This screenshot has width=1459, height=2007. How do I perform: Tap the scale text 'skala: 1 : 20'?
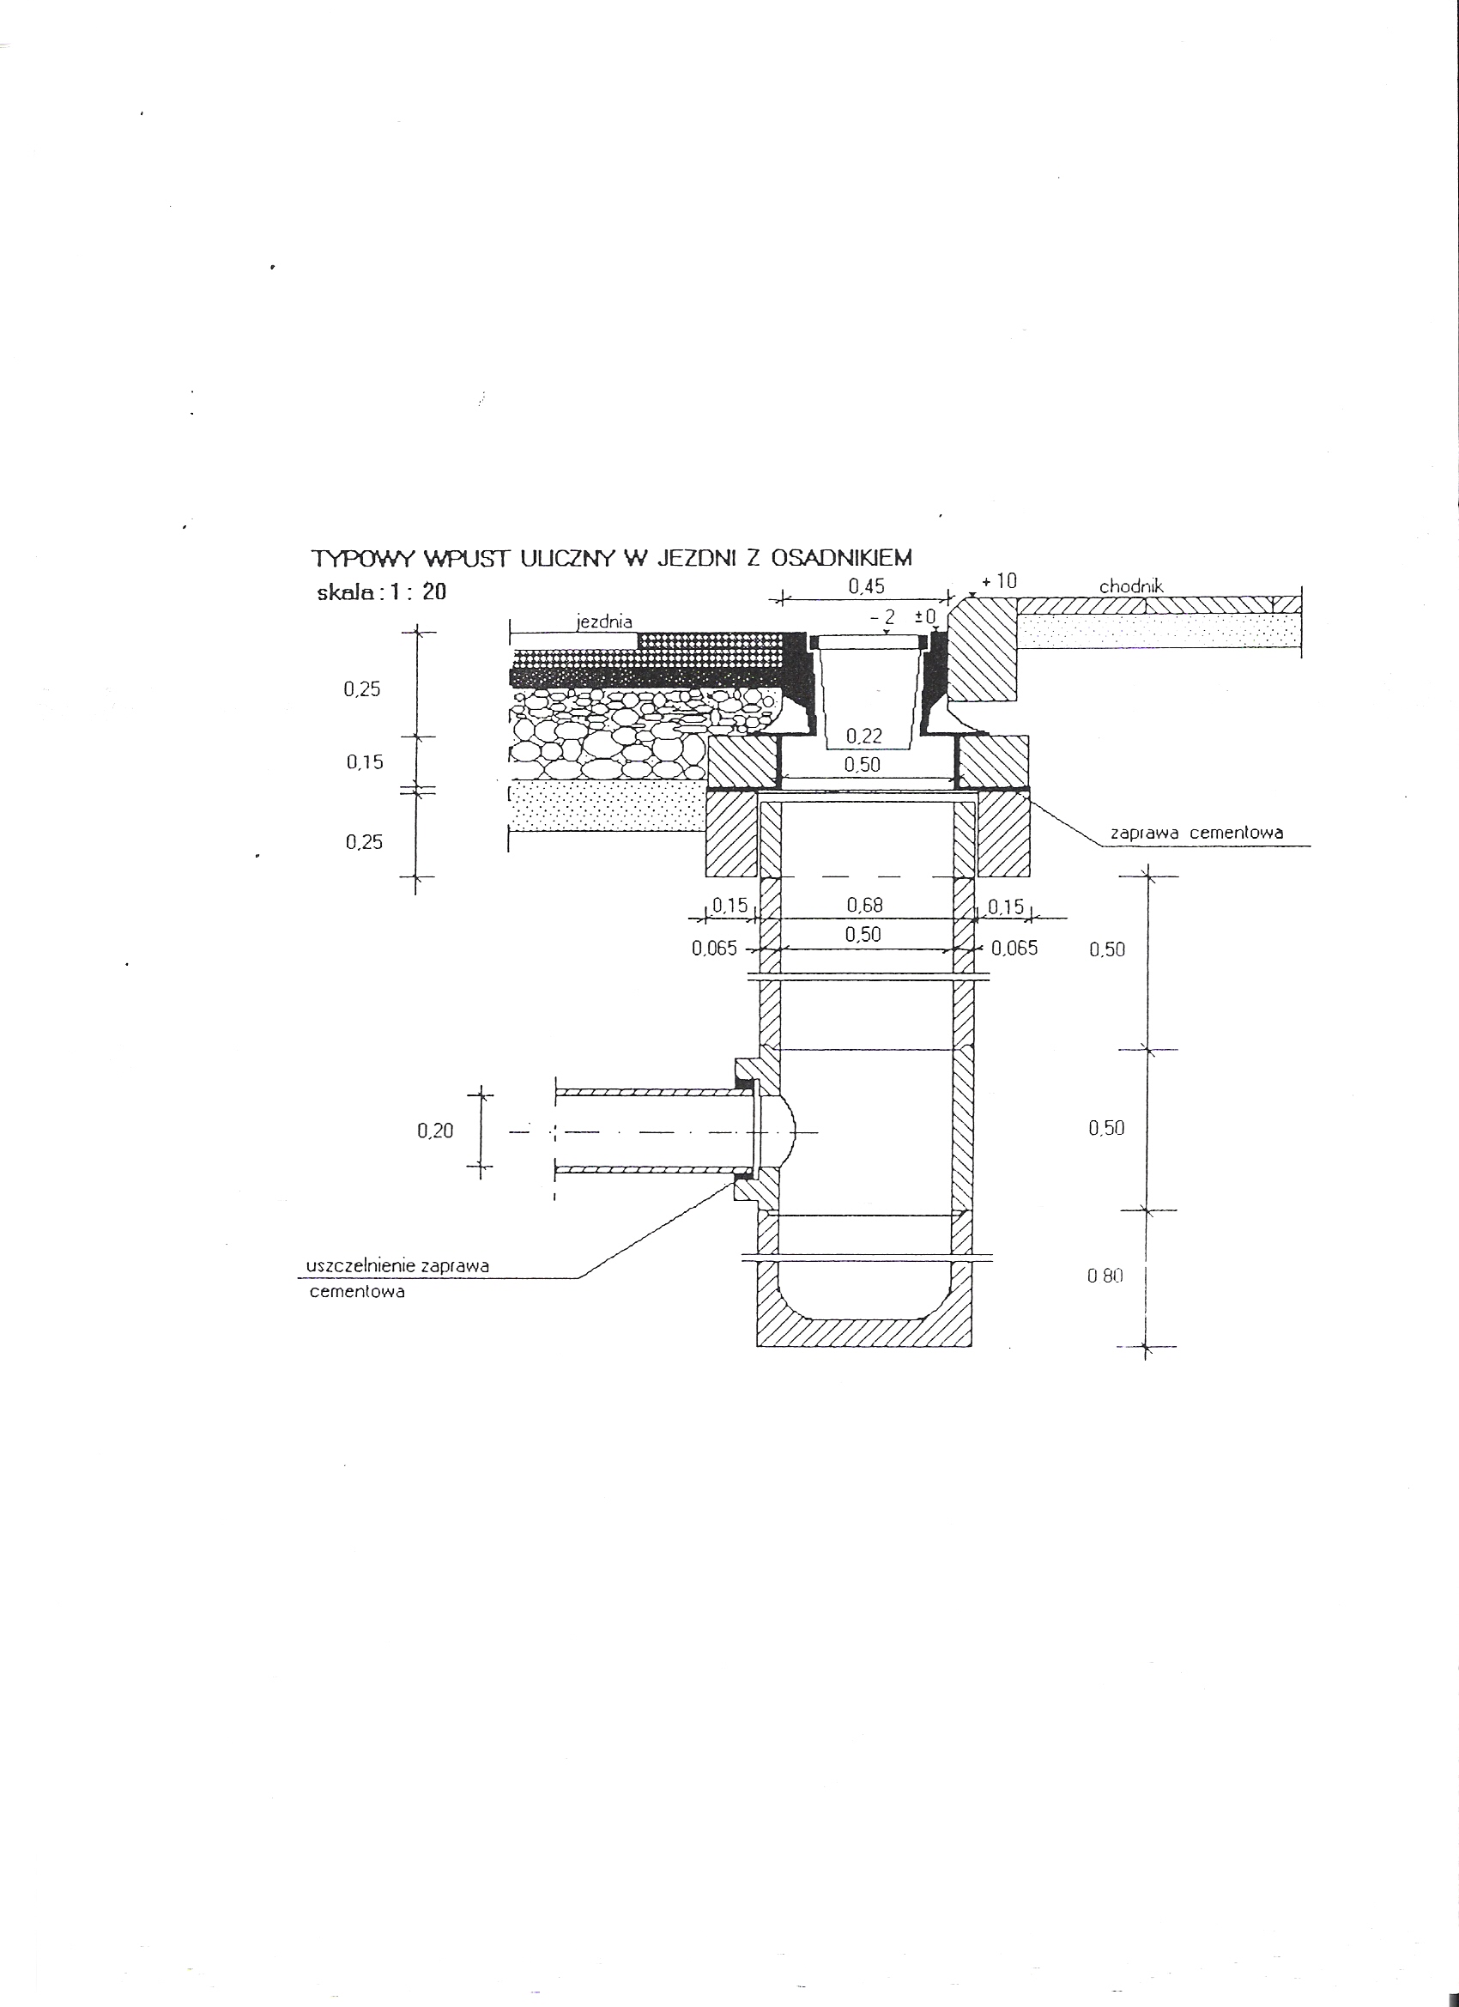(382, 593)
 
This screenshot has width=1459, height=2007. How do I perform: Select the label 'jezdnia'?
(603, 622)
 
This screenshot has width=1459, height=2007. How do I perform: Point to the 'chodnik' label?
(1131, 586)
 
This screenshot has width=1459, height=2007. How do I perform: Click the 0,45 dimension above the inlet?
(865, 585)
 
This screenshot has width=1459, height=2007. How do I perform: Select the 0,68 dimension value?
(864, 905)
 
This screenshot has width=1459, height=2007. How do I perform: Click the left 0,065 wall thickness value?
(714, 949)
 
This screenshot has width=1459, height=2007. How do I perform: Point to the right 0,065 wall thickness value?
(1014, 949)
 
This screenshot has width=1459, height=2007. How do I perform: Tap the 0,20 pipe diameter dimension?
(435, 1130)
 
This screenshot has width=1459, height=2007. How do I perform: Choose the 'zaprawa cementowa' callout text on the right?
(1196, 833)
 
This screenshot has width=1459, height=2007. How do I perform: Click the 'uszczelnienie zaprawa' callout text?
(397, 1266)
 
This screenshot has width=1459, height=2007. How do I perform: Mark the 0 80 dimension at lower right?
(1105, 1277)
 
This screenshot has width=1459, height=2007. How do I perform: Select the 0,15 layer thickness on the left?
(365, 762)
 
